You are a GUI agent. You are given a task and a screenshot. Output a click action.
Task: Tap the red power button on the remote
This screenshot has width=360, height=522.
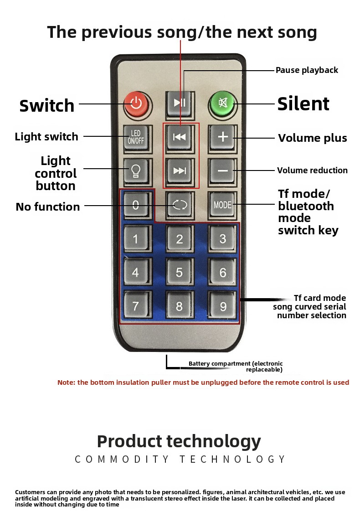(x=136, y=103)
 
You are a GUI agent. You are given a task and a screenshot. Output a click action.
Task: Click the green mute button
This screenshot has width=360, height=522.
(x=222, y=103)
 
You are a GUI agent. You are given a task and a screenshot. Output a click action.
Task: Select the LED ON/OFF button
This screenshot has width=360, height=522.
(x=136, y=137)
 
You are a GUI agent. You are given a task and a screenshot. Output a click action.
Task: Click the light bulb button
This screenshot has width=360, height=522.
(x=136, y=171)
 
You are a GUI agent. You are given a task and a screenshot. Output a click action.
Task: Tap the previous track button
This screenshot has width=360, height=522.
(x=180, y=137)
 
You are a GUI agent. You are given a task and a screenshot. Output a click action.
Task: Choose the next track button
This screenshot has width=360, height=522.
(x=180, y=171)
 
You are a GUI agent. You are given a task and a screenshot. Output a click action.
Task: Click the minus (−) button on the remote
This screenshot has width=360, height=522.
(x=222, y=171)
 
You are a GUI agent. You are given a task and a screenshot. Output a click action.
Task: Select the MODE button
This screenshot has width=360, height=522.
(x=222, y=205)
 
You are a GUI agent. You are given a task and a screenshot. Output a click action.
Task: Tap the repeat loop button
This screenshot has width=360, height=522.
(x=180, y=205)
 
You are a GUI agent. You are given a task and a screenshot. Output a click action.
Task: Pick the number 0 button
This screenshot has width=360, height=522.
(x=136, y=205)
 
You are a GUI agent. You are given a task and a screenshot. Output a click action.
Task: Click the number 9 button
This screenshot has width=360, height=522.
(x=222, y=305)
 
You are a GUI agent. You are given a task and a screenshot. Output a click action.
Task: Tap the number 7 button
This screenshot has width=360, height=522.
(x=136, y=305)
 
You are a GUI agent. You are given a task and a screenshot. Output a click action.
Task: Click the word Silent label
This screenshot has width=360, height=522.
(x=303, y=103)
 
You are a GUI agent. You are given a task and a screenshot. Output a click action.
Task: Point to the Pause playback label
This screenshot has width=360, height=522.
(x=307, y=70)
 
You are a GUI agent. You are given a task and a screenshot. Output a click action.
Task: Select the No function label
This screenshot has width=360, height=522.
(x=48, y=207)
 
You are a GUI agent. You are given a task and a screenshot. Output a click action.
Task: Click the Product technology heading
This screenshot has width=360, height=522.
(x=179, y=442)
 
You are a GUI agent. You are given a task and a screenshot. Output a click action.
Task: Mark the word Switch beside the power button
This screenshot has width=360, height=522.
(x=47, y=105)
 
